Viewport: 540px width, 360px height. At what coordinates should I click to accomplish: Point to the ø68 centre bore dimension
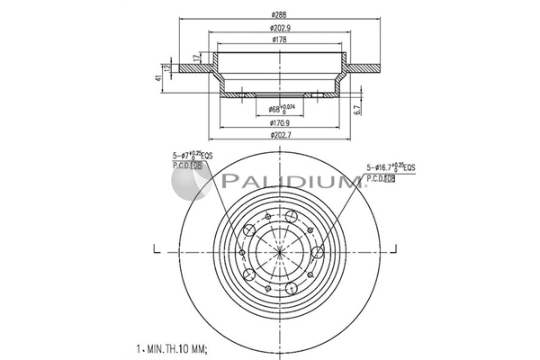pyautogui.click(x=281, y=110)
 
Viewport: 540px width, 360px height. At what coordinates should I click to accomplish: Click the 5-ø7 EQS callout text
pyautogui.click(x=193, y=156)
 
